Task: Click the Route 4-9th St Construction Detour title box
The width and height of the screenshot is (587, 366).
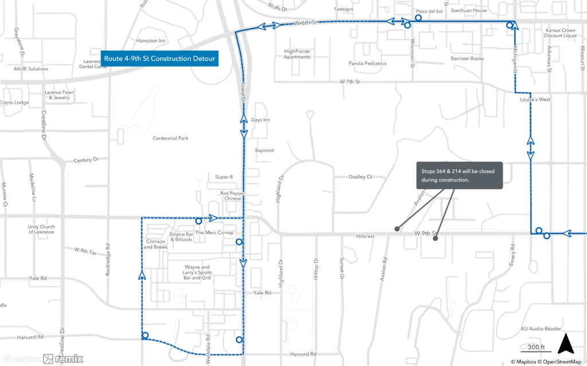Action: coord(159,59)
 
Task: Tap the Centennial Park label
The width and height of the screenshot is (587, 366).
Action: coord(170,138)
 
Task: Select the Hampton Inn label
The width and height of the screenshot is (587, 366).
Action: coord(151,41)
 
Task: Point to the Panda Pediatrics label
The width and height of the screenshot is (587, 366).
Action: coord(367,63)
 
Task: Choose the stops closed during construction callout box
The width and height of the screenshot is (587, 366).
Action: coord(459,175)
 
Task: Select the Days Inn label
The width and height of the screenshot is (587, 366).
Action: coord(260,120)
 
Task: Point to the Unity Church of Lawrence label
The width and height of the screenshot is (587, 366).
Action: coord(41,229)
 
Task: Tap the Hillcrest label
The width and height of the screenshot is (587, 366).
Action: coord(365,236)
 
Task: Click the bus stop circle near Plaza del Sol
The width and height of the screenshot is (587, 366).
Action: coord(418,18)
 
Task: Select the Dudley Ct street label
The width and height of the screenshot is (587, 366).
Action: coord(360,177)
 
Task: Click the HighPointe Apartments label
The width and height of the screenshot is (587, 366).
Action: coord(297,54)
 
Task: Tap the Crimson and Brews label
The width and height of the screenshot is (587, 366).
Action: coord(156,244)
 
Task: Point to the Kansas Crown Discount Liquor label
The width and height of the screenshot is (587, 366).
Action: coord(561,33)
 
